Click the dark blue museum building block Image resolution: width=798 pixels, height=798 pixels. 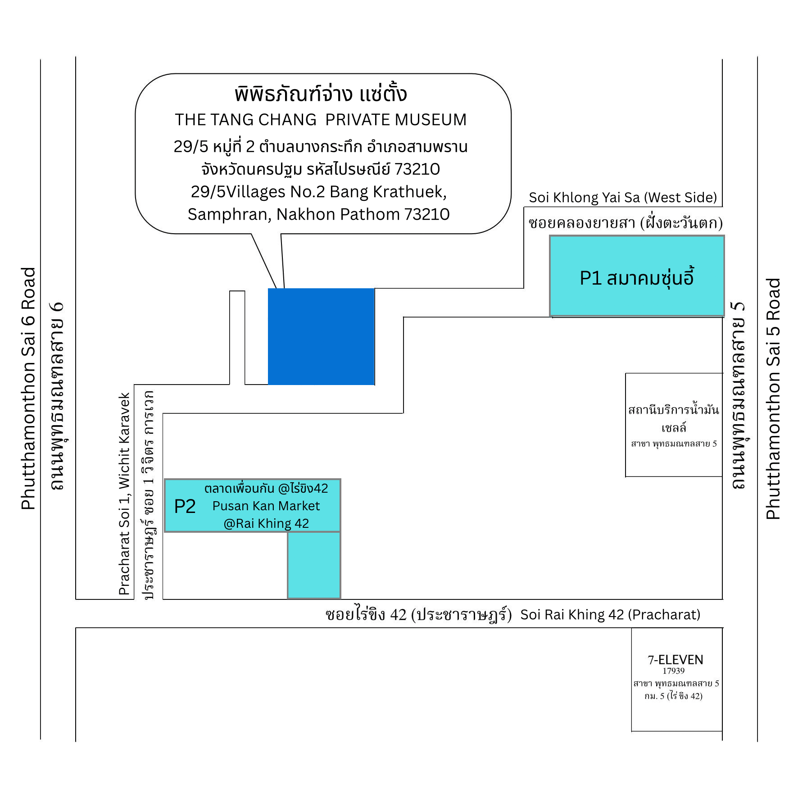(x=321, y=336)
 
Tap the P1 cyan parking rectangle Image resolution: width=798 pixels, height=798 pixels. (x=637, y=276)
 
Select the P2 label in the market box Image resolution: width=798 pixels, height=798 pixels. (x=185, y=507)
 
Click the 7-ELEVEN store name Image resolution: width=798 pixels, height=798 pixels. (x=675, y=660)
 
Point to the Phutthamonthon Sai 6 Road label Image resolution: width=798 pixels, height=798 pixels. (x=28, y=388)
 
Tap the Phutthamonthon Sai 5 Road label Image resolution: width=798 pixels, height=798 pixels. (x=773, y=399)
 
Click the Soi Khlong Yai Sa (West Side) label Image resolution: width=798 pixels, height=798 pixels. (x=623, y=198)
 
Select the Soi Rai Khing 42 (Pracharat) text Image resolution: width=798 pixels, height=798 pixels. (x=610, y=615)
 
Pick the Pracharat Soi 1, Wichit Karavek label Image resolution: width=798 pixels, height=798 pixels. (x=124, y=494)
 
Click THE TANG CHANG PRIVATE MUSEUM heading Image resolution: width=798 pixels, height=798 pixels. (x=321, y=120)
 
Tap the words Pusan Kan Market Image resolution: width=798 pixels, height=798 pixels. (x=266, y=506)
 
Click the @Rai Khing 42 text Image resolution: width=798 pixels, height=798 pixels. (x=266, y=524)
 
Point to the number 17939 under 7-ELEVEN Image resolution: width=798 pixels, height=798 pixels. (x=673, y=671)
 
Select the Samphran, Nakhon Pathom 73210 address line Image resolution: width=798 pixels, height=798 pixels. (x=318, y=214)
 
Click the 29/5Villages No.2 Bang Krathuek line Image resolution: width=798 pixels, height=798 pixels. (x=318, y=192)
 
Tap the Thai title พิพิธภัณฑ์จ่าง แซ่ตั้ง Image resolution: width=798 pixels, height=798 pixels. (x=321, y=94)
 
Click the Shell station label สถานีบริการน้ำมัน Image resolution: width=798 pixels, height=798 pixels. (x=673, y=410)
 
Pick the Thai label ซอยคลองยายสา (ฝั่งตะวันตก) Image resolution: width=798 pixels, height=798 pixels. (x=625, y=223)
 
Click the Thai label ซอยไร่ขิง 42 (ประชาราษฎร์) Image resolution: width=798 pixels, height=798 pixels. (x=418, y=615)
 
